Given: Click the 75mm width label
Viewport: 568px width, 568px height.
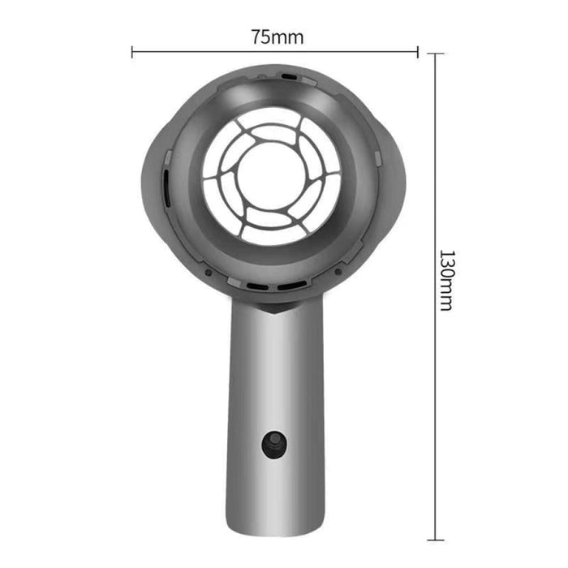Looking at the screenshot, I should [x=274, y=37].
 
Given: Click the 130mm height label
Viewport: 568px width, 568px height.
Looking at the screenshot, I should [x=445, y=280].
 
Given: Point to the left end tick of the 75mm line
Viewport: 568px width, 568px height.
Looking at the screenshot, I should [x=132, y=52].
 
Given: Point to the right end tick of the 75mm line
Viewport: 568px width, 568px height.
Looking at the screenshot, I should [x=418, y=52].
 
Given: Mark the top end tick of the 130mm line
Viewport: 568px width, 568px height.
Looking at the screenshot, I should [x=435, y=54].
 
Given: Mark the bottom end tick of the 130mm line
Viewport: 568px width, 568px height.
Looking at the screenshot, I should [x=435, y=540].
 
